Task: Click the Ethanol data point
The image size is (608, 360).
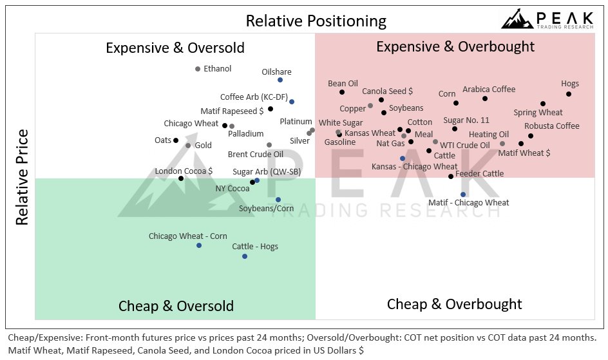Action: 198,69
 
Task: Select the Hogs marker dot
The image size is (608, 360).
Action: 569,94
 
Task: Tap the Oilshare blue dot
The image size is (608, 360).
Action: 280,80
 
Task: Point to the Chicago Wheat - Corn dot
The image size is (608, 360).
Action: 199,245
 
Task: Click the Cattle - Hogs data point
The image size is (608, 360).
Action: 245,256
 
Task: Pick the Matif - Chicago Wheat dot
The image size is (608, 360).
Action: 463,194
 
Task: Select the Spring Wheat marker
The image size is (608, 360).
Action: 543,104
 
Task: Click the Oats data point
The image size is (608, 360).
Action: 176,140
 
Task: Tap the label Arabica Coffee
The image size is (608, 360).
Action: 489,90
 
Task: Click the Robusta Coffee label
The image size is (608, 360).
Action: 551,126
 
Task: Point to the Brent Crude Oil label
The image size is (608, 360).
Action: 256,155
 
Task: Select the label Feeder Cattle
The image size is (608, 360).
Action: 479,174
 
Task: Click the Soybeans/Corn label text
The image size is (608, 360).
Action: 266,209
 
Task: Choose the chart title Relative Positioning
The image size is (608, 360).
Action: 316,21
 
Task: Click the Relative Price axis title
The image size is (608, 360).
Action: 23,176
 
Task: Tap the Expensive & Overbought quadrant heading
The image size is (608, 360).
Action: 455,46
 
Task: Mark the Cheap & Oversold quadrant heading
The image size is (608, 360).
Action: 176,305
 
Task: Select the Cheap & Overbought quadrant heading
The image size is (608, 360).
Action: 454,304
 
